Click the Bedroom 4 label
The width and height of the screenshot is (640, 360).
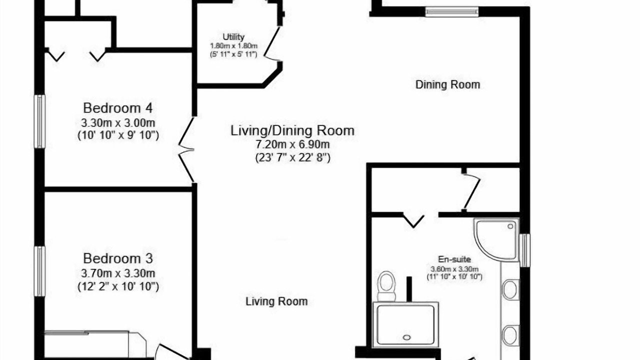coord(117,108)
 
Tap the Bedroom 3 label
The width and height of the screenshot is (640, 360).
coord(117,258)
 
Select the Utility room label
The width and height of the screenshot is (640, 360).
coord(233,37)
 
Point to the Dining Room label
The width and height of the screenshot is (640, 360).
coord(447,84)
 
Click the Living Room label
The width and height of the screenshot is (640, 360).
coord(276,301)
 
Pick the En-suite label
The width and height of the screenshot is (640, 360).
coord(454,259)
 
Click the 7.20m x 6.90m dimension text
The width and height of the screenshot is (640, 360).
coord(292,144)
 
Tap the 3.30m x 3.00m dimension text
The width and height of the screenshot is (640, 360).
coord(118,123)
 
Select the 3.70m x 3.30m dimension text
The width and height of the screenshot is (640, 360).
coord(118,273)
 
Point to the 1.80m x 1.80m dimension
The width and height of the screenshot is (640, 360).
coord(233,45)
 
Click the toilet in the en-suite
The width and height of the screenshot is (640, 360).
coord(386,286)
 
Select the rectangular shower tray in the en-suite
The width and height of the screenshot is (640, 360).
coord(405,324)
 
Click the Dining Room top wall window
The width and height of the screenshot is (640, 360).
coord(451,11)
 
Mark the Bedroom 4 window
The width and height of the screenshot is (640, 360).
coord(39,121)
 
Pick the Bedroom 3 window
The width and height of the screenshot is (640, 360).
coord(39,271)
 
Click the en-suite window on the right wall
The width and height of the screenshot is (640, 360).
coord(524,250)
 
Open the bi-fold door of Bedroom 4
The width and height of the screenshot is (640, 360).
coord(186,149)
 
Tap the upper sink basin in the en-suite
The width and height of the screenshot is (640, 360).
coord(510,289)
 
